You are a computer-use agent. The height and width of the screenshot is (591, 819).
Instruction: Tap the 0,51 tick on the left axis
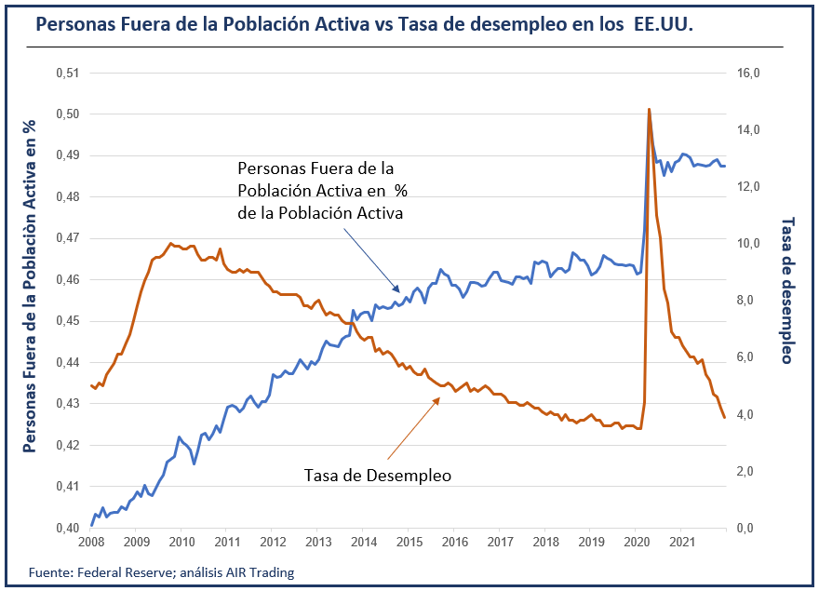(68, 74)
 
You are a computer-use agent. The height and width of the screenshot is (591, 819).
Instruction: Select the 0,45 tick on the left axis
(68, 321)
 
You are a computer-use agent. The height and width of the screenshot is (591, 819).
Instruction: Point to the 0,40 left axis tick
(68, 528)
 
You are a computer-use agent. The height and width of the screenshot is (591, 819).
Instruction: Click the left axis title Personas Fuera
(30, 287)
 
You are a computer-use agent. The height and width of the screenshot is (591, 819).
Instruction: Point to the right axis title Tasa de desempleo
(786, 289)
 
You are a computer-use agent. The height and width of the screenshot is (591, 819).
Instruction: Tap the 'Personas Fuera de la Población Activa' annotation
(320, 191)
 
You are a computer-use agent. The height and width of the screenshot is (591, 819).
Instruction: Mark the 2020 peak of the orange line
(649, 110)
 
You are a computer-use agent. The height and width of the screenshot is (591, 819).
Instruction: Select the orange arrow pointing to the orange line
(412, 428)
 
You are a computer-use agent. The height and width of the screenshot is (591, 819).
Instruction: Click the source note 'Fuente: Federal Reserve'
(161, 572)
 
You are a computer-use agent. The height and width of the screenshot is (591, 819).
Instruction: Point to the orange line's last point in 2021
(724, 418)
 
